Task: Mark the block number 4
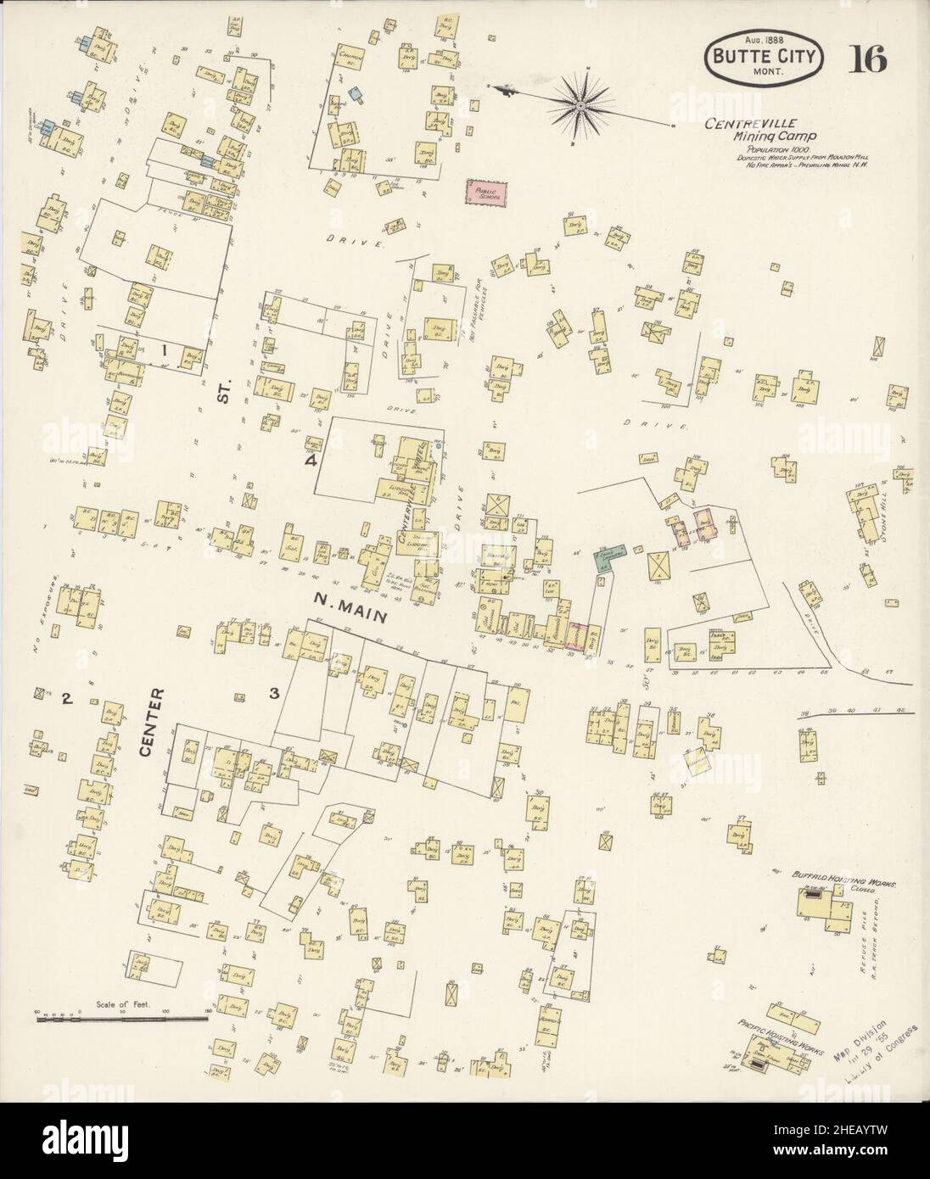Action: point(311,461)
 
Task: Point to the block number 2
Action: point(65,700)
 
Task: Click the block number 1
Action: point(166,349)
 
